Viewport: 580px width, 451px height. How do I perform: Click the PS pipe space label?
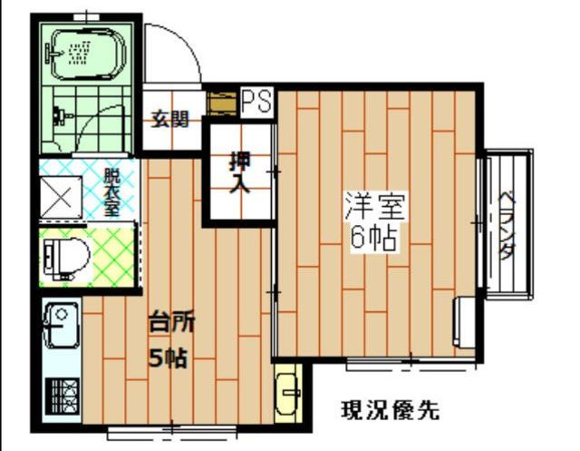tap(257, 101)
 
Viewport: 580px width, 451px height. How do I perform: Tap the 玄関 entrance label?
tap(170, 119)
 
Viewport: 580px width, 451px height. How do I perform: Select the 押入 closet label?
tap(240, 173)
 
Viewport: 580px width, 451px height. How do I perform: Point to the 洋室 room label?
tap(374, 206)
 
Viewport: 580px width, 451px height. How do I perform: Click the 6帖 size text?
tap(373, 238)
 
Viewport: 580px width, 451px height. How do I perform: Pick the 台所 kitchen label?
tap(171, 323)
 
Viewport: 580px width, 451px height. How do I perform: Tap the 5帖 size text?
tap(168, 358)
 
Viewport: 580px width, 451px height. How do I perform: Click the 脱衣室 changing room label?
tap(111, 192)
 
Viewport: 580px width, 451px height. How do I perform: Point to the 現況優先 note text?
tap(390, 409)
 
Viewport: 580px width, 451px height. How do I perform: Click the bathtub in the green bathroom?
tap(86, 54)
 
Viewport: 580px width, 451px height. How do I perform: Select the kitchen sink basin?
tap(61, 326)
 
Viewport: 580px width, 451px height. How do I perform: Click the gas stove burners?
tap(63, 397)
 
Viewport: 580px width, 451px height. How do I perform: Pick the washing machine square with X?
tap(61, 198)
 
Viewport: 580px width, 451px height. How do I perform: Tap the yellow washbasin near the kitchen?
tap(288, 393)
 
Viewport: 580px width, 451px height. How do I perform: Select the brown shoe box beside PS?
tap(222, 103)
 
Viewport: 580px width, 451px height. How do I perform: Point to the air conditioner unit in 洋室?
tap(465, 322)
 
